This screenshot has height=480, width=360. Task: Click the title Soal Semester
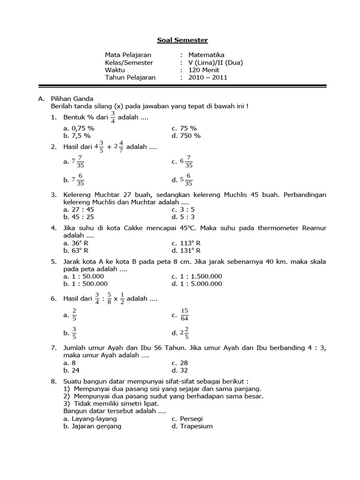point(182,40)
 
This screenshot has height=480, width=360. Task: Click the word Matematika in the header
point(206,55)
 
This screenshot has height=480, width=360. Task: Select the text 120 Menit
point(203,70)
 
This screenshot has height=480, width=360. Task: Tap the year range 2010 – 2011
point(208,77)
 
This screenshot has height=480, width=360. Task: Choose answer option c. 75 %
point(184,128)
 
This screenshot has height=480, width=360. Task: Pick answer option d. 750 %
point(186,135)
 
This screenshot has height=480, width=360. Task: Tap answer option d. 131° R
point(186,250)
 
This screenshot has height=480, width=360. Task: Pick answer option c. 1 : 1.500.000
point(197,276)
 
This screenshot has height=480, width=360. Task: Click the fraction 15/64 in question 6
point(184,315)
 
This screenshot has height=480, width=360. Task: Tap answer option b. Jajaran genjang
point(92,426)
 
